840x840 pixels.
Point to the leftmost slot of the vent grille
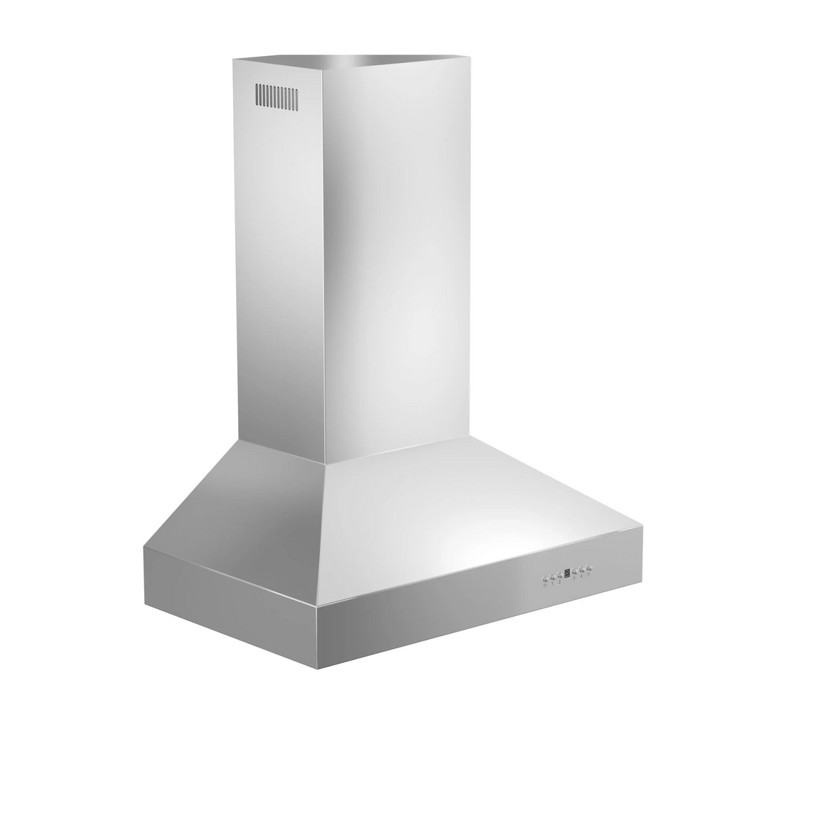(257, 96)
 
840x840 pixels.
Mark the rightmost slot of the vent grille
(296, 97)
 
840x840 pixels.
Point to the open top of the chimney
(364, 60)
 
